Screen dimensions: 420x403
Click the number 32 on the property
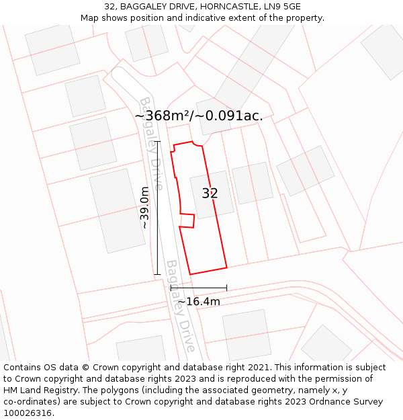210,194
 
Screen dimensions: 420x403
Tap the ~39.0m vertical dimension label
144,208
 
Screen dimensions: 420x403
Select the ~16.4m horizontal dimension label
199,302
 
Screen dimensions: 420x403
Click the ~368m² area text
162,116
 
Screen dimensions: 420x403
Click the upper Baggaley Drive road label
151,142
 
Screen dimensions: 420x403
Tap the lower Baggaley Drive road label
181,306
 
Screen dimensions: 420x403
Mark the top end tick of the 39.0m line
157,142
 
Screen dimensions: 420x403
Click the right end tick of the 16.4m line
226,288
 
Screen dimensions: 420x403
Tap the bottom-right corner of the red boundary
226,267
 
